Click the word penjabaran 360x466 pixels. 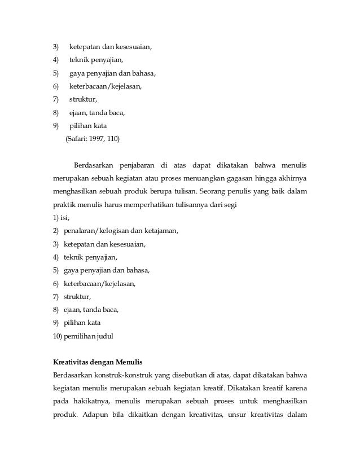click(136, 165)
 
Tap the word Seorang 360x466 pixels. click(216, 192)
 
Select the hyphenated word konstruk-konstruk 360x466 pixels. click(123, 376)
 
